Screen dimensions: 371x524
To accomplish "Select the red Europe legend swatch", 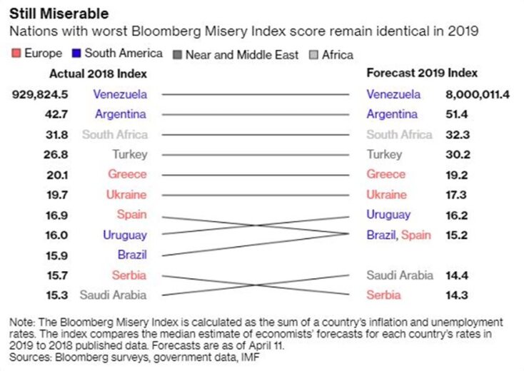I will click(x=15, y=54).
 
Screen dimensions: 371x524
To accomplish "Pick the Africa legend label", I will click(x=337, y=54).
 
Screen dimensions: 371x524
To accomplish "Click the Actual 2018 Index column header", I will click(x=98, y=73).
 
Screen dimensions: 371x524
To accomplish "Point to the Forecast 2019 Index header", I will click(x=422, y=73).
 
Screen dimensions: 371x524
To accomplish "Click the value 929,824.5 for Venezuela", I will click(x=40, y=94).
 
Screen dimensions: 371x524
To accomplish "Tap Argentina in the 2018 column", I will click(x=120, y=114).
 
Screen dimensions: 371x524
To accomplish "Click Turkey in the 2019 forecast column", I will click(x=385, y=154).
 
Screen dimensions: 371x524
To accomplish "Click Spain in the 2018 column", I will click(x=132, y=214).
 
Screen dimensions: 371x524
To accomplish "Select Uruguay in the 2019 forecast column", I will click(x=388, y=214).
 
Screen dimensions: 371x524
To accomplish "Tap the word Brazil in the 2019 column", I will click(x=381, y=235).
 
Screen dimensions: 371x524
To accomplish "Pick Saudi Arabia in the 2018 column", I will click(x=113, y=295).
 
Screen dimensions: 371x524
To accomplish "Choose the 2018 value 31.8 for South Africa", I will click(x=57, y=134).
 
